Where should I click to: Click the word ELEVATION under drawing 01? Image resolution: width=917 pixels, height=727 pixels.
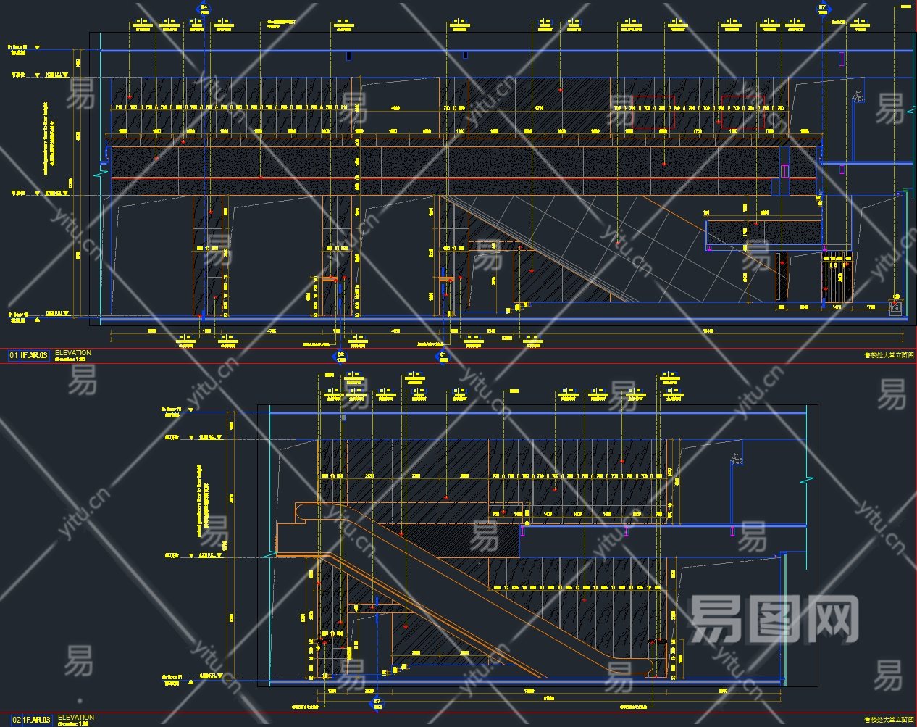point(73,352)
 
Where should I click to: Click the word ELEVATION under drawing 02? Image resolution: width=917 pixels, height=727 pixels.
point(75,717)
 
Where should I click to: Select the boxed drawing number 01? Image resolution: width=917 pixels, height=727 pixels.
point(14,355)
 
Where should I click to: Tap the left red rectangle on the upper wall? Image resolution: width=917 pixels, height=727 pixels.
point(653,112)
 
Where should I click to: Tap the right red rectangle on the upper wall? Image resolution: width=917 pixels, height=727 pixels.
point(742,112)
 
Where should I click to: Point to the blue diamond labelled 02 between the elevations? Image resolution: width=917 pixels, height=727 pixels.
point(340,356)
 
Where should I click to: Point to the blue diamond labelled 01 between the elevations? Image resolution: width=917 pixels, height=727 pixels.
point(442,356)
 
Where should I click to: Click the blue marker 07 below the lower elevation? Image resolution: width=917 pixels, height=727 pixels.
point(375,704)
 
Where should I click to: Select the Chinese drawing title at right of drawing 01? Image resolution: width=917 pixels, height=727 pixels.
point(889,355)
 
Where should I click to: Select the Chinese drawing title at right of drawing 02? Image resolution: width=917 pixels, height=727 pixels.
point(889,719)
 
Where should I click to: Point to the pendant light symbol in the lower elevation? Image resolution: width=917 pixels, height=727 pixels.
point(737,458)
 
